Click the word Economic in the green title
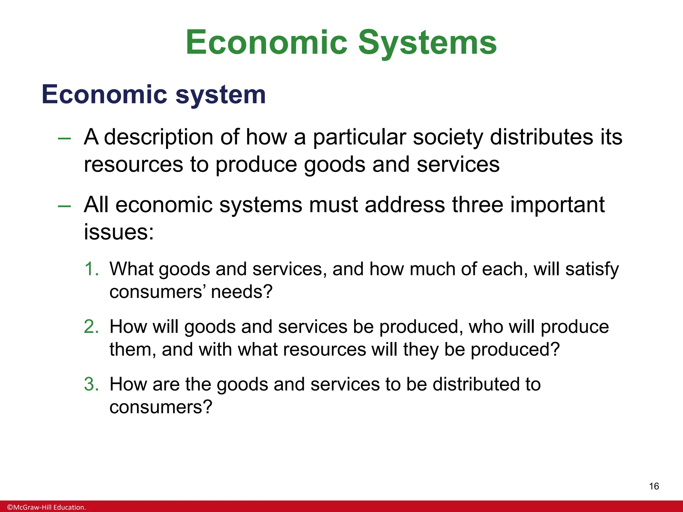[x=266, y=43]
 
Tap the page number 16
[x=654, y=486]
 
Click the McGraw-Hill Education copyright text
[x=46, y=507]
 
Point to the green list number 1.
[x=91, y=269]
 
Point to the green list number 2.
[x=91, y=326]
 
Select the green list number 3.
[x=91, y=384]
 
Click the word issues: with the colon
[x=119, y=232]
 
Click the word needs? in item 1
[x=242, y=292]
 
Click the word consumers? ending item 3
[x=161, y=407]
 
